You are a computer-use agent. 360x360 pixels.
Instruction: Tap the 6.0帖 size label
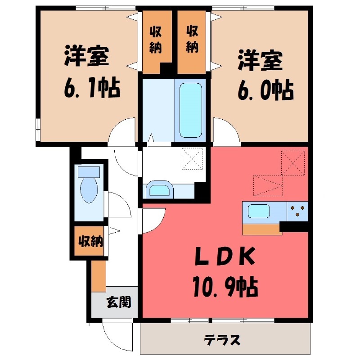[265, 90]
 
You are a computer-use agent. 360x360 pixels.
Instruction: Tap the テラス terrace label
[222, 340]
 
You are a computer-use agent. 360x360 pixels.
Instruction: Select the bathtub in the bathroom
[191, 110]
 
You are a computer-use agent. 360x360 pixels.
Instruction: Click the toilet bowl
[88, 191]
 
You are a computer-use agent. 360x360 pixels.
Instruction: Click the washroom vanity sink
[159, 189]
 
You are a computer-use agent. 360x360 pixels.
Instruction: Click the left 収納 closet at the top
[156, 40]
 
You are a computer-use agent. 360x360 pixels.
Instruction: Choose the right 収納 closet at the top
[192, 40]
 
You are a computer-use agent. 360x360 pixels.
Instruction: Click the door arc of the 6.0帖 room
[226, 130]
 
